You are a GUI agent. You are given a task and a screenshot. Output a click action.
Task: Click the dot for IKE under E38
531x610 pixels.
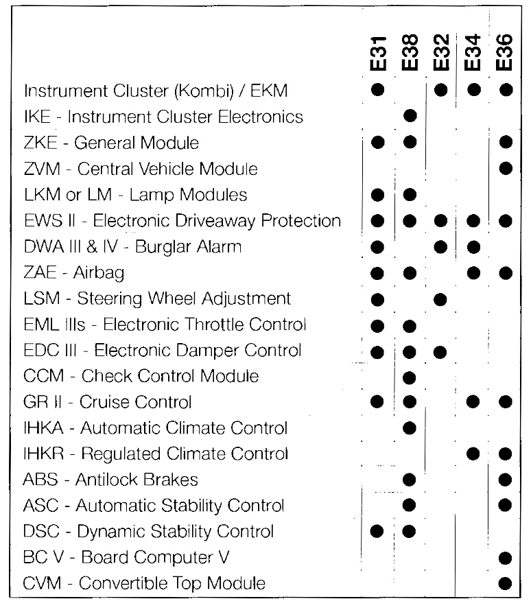pyautogui.click(x=410, y=115)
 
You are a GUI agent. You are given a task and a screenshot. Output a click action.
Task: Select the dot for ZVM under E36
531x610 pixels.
pyautogui.click(x=506, y=167)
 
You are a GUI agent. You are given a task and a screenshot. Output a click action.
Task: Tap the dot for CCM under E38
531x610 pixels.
pyautogui.click(x=410, y=376)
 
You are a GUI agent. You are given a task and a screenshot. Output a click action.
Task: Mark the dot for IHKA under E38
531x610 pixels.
pyautogui.click(x=410, y=428)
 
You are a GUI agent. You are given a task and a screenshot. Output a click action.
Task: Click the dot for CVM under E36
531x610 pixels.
pyautogui.click(x=506, y=584)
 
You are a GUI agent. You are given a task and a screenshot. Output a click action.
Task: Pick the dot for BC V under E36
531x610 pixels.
pyautogui.click(x=506, y=558)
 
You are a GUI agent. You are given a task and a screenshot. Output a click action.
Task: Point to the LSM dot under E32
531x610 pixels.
pyautogui.click(x=441, y=298)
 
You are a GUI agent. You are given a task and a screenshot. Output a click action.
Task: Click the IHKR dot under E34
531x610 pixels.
pyautogui.click(x=473, y=453)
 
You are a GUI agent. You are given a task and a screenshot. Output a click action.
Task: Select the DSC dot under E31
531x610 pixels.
pyautogui.click(x=377, y=531)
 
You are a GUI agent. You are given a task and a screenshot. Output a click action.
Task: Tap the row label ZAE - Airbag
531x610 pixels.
pyautogui.click(x=74, y=273)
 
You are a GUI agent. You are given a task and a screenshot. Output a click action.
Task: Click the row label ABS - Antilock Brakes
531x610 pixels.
pyautogui.click(x=110, y=480)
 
